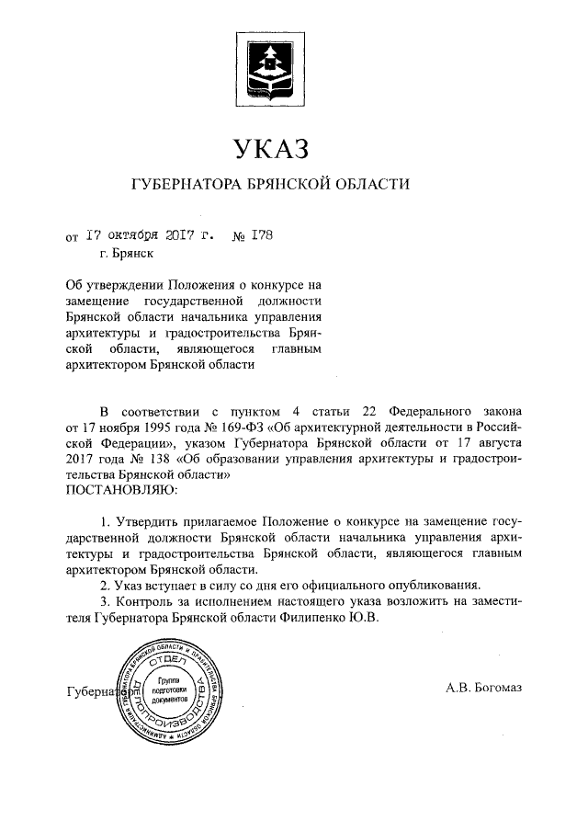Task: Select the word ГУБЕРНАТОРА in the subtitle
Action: click(188, 186)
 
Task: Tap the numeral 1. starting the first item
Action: click(105, 519)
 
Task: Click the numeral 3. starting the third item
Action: click(105, 600)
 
